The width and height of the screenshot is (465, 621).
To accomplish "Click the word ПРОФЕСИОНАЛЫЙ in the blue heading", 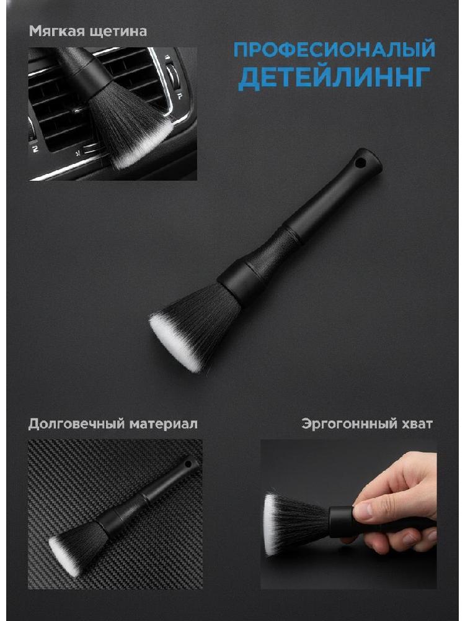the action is [x=334, y=49].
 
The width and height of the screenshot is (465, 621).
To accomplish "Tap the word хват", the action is [x=419, y=424].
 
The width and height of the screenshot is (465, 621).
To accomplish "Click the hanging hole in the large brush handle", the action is [x=360, y=162].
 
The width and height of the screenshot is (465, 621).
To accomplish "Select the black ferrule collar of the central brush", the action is [x=241, y=283].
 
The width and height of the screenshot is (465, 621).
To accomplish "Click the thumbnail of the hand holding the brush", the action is [x=348, y=514].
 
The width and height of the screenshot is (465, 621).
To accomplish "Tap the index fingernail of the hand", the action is [x=363, y=511].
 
